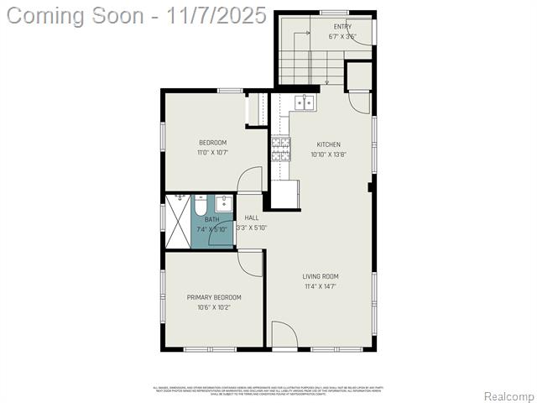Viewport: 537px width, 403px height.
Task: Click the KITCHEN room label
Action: pyautogui.click(x=328, y=144)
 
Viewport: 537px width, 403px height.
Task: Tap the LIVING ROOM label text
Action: pyautogui.click(x=321, y=276)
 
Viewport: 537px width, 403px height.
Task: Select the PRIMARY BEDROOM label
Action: pyautogui.click(x=214, y=297)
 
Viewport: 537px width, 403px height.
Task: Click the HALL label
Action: pyautogui.click(x=252, y=217)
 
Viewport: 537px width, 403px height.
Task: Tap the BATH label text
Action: pyautogui.click(x=211, y=219)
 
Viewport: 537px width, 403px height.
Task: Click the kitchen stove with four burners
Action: pyautogui.click(x=280, y=149)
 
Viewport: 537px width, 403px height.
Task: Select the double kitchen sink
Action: pyautogui.click(x=303, y=102)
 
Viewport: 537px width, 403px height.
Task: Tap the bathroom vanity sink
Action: pyautogui.click(x=223, y=203)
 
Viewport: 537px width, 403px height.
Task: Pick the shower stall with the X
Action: pyautogui.click(x=178, y=222)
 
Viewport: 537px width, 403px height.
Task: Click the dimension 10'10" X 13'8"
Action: pyautogui.click(x=328, y=154)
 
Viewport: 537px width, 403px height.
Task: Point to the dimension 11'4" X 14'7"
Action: pyautogui.click(x=321, y=286)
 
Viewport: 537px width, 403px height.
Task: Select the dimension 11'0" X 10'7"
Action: pyautogui.click(x=212, y=153)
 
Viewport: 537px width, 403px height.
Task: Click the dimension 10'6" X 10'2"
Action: pyautogui.click(x=214, y=307)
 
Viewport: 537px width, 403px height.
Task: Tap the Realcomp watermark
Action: pyautogui.click(x=509, y=395)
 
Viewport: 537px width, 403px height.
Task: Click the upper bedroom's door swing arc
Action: pyautogui.click(x=250, y=179)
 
